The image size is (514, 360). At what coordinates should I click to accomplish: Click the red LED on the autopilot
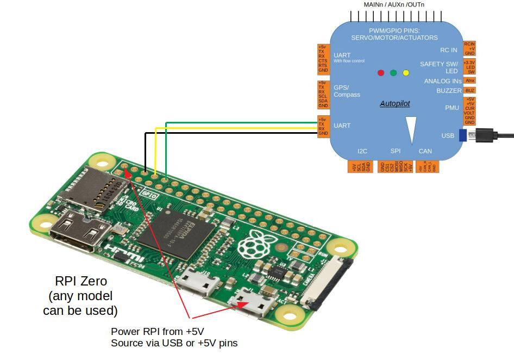[x=381, y=73]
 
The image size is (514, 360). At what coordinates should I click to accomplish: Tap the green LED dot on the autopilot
[x=393, y=73]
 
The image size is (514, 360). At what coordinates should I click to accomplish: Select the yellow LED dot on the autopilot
[x=406, y=73]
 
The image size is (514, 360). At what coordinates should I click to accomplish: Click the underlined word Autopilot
[x=395, y=103]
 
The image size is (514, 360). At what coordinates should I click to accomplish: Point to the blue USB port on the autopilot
[x=462, y=135]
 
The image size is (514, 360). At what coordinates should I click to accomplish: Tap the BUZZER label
[x=449, y=91]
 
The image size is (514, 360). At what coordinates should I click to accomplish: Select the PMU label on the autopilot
[x=452, y=108]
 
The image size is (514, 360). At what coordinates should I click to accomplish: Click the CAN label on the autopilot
[x=425, y=151]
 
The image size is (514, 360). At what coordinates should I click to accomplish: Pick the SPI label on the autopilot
[x=396, y=151]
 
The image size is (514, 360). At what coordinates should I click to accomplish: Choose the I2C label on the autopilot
[x=362, y=151]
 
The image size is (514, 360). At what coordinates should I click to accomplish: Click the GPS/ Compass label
[x=347, y=91]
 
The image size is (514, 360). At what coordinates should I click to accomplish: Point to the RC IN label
[x=448, y=50]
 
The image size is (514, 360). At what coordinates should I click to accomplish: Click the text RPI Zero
[x=81, y=282]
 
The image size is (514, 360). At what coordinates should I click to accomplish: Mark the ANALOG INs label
[x=443, y=81]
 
